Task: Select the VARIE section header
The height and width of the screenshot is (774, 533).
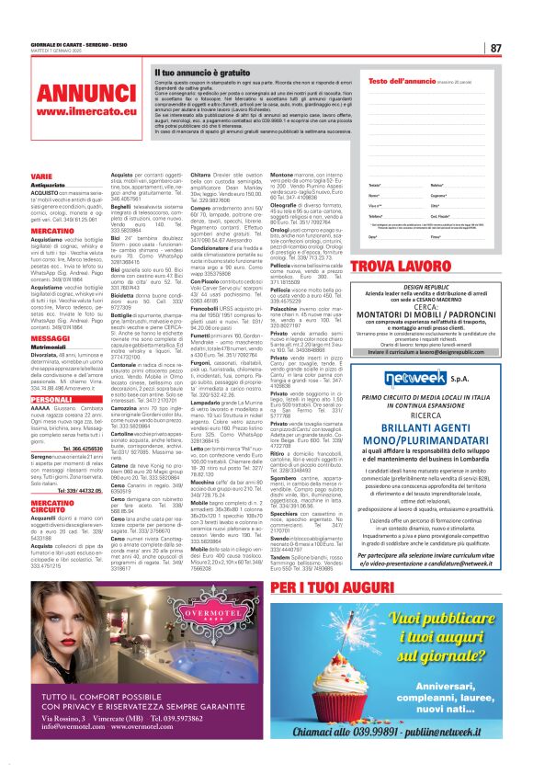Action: tap(41, 175)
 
